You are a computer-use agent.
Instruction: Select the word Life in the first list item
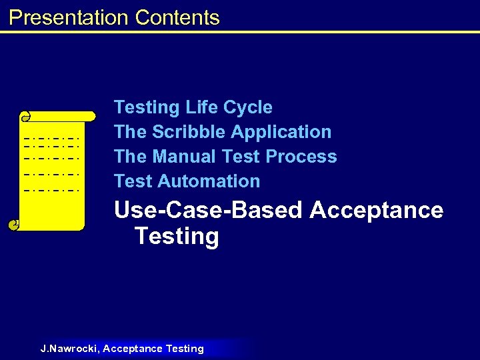coord(201,107)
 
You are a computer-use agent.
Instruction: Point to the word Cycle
coord(248,107)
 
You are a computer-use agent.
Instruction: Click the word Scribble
coord(185,132)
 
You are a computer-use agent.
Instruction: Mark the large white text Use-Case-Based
coord(209,210)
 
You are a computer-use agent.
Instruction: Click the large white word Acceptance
coord(377,210)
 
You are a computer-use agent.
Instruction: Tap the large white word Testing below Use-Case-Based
coord(176,237)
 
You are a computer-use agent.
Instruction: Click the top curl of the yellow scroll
coord(26,117)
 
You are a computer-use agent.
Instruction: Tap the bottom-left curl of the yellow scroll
coord(14,225)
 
